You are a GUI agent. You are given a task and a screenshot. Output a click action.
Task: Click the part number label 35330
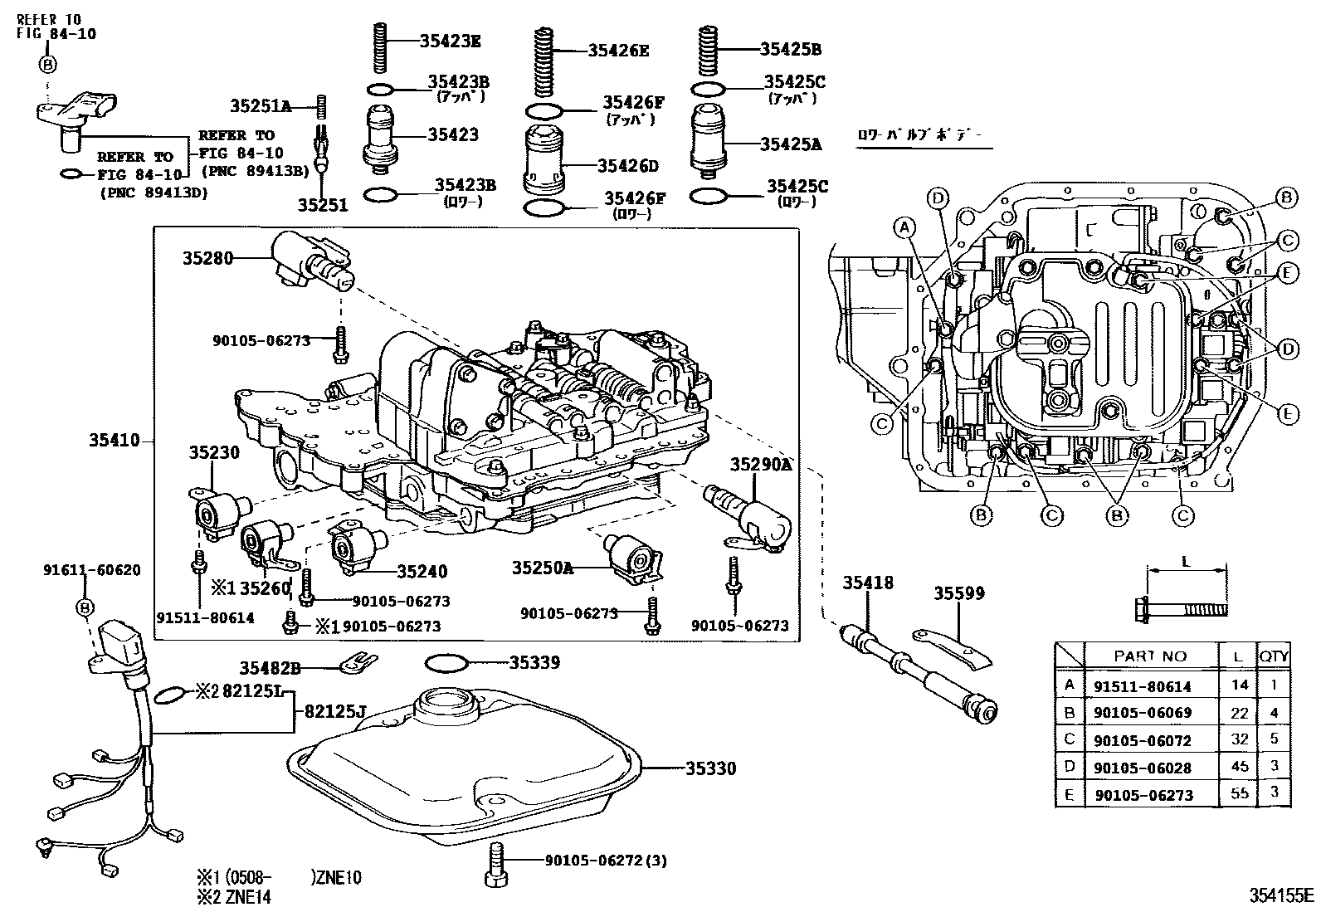tap(710, 769)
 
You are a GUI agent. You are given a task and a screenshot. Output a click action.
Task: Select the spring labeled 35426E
tap(543, 62)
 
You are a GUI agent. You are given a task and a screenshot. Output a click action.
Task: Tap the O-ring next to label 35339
tap(446, 664)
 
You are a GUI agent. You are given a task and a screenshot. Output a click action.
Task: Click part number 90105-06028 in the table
tap(1143, 767)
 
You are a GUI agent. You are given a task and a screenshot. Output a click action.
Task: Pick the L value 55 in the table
tap(1239, 793)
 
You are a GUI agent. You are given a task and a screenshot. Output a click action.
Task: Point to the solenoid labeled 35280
tap(311, 261)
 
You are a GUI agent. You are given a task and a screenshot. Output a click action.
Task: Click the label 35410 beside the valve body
tap(115, 441)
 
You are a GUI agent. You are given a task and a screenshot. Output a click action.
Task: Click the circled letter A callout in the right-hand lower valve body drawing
tap(904, 226)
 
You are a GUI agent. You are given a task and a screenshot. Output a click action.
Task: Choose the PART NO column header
tap(1150, 656)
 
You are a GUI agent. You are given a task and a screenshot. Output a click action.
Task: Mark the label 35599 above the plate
tap(958, 593)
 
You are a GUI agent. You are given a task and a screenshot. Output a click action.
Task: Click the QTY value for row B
tap(1274, 712)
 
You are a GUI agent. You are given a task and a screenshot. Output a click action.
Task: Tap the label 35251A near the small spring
tap(261, 105)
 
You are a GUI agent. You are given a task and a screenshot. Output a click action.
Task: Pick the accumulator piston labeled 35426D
tap(544, 162)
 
